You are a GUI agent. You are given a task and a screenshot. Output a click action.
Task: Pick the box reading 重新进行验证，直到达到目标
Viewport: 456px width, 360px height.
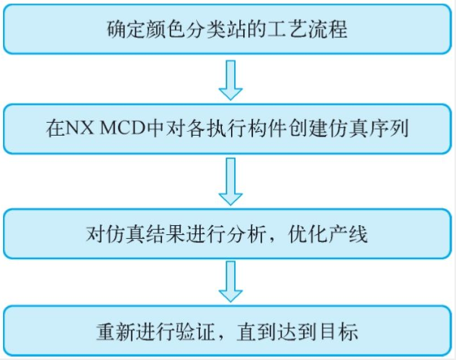[227, 331]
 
